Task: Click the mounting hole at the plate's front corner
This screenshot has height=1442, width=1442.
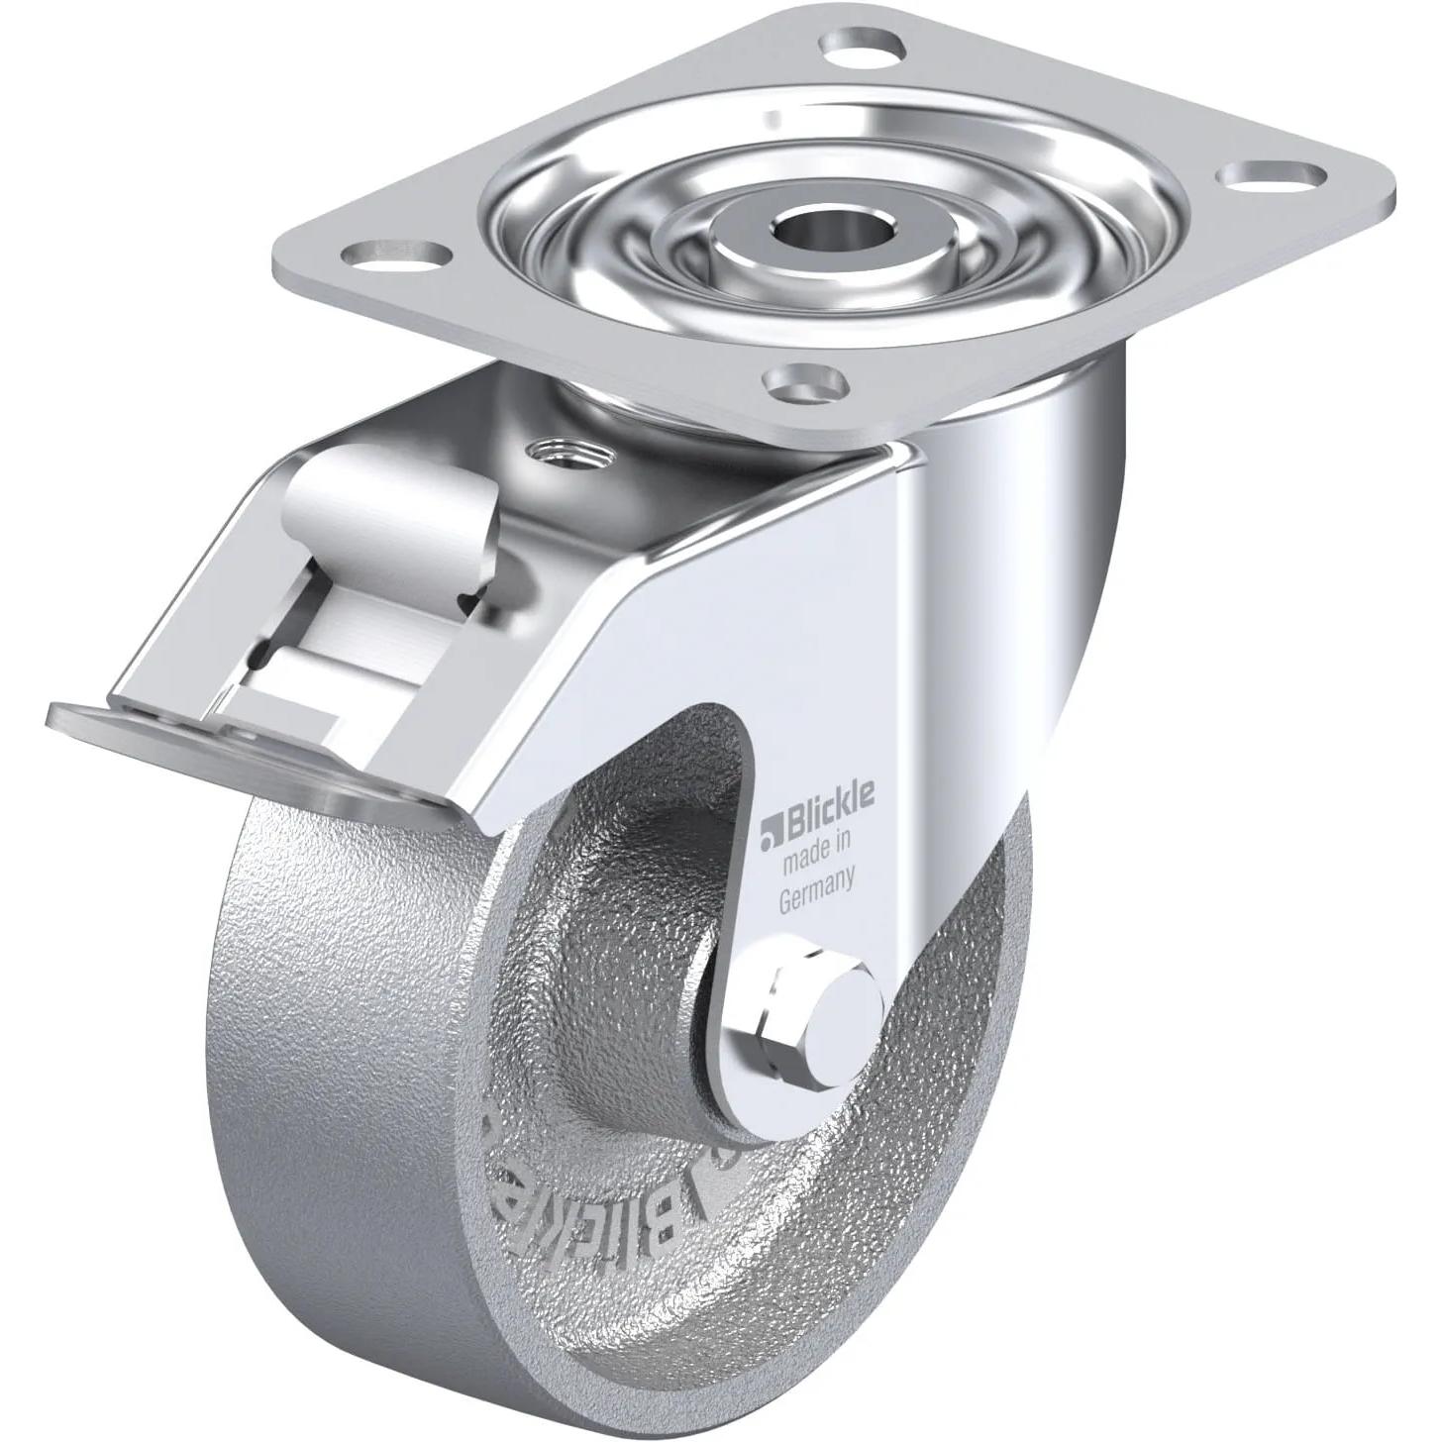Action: click(803, 379)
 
